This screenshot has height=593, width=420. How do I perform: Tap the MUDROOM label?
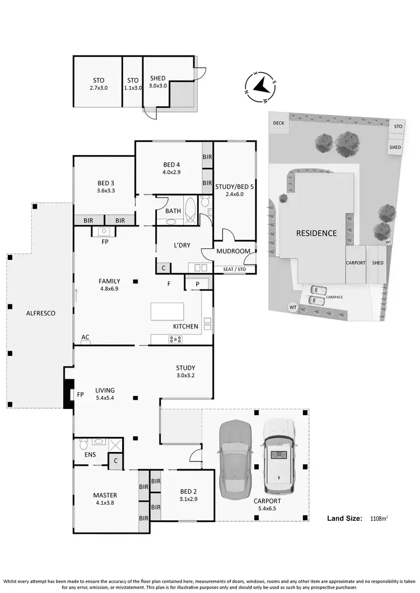233,251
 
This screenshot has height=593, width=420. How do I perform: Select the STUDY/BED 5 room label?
235,186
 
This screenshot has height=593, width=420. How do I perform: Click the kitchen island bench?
167,311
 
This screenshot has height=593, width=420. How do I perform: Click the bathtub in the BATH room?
190,211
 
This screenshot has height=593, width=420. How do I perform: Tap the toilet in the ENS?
82,445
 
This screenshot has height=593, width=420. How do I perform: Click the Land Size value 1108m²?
379,519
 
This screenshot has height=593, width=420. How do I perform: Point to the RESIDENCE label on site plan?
316,233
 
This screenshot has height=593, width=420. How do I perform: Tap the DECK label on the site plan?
278,123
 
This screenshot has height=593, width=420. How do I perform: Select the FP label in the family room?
105,242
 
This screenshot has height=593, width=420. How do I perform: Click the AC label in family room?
85,337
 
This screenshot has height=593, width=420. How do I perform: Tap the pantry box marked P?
198,284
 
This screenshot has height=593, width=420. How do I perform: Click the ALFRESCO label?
40,314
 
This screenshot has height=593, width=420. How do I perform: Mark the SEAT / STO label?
234,269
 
